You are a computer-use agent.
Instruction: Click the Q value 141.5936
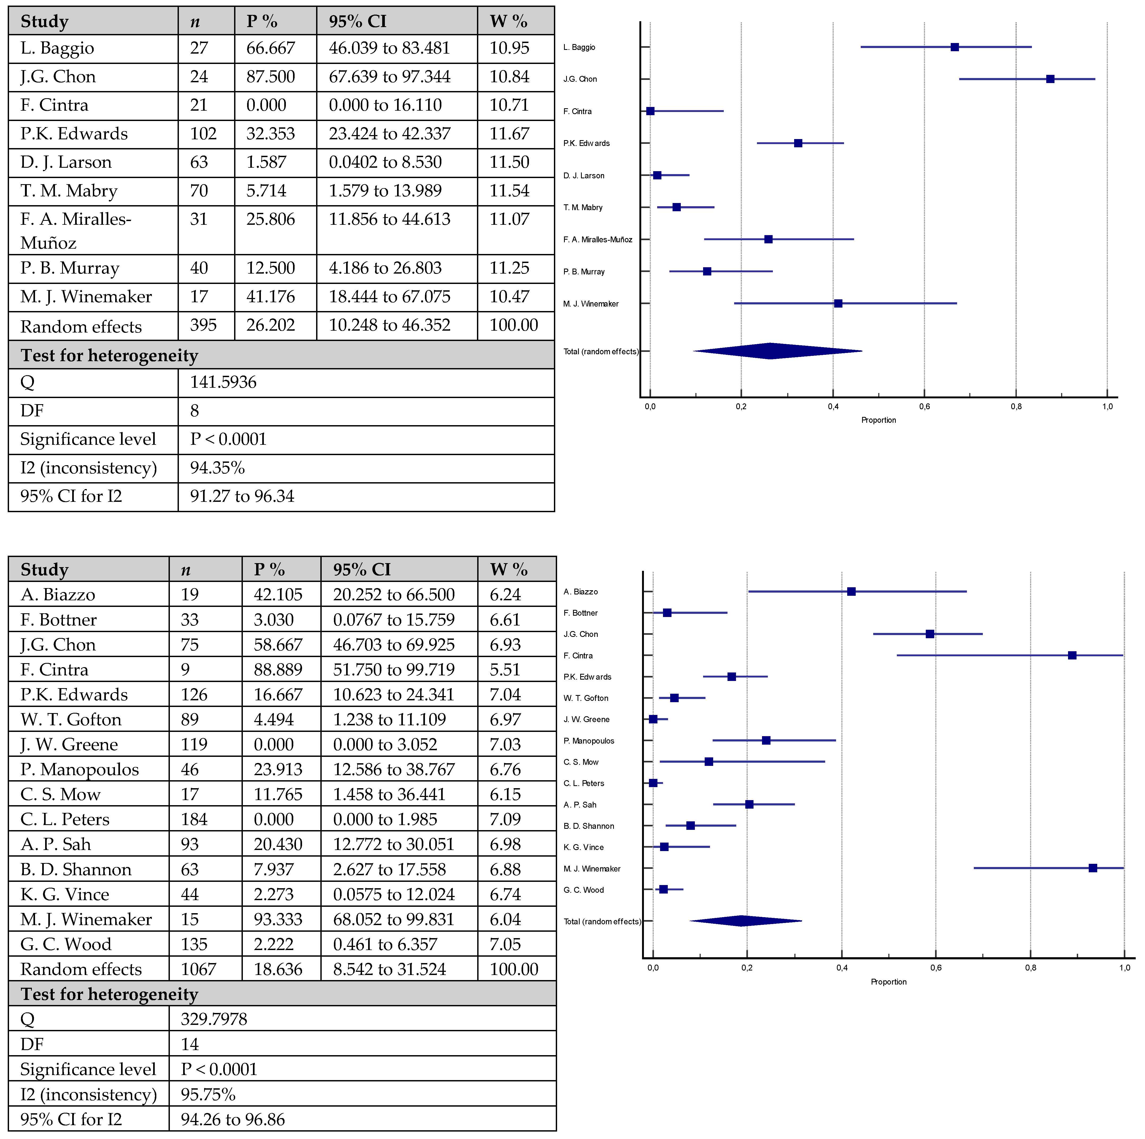[x=223, y=382]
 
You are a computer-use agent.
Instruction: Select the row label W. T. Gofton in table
[x=71, y=719]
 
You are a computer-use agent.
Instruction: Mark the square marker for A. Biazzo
[x=851, y=592]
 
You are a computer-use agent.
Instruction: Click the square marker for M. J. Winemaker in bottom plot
[x=1092, y=868]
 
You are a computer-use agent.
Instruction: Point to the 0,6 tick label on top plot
[x=924, y=407]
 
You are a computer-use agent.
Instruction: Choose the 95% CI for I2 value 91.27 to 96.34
[x=242, y=497]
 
